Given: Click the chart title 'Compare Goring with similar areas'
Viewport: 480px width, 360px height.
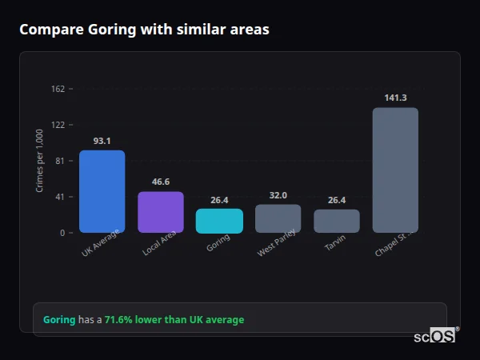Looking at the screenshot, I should [x=144, y=30].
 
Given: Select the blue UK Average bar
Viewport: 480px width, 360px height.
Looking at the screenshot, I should [x=102, y=191].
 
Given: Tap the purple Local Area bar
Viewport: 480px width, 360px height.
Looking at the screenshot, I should [x=161, y=212].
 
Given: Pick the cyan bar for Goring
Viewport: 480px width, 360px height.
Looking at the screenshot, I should [x=219, y=221].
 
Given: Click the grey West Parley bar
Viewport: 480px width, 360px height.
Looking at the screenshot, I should [x=278, y=218].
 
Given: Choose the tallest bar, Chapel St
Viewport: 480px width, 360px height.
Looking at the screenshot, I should [x=395, y=170].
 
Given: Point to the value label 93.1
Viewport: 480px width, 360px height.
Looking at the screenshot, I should [x=102, y=141].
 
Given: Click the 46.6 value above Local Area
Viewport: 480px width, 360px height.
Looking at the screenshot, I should [x=161, y=182].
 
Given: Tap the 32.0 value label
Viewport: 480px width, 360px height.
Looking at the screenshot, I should [x=278, y=195].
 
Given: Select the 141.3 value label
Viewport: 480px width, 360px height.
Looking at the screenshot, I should [x=395, y=98].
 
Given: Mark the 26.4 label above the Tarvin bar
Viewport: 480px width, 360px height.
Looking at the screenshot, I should [x=337, y=200].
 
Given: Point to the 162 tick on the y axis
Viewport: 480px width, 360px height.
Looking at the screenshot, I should [x=58, y=89].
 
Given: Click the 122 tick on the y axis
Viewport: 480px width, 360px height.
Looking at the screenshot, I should [x=58, y=125].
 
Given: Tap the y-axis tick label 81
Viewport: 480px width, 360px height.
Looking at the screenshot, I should [x=59, y=161].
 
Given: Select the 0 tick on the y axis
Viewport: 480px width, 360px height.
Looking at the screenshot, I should [x=62, y=233].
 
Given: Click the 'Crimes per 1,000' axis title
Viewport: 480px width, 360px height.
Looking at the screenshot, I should [x=40, y=161].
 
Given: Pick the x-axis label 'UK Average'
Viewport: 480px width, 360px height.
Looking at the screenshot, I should [x=101, y=244].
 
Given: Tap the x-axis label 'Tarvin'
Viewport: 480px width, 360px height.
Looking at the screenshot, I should [x=335, y=243].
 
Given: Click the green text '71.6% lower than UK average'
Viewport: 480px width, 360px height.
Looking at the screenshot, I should [x=174, y=320].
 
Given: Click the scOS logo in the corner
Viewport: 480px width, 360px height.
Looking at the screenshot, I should [x=435, y=337].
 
